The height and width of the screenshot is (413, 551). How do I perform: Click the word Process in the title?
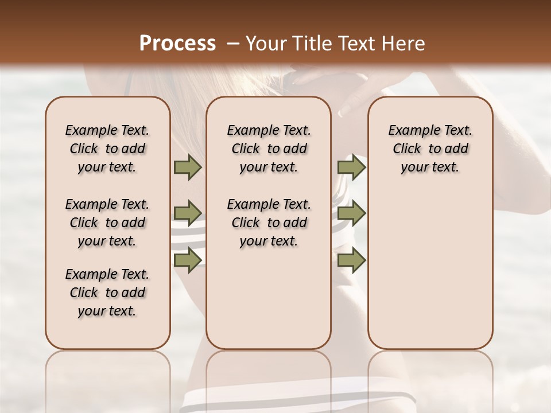click(177, 44)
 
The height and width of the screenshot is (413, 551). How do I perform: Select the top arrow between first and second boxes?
click(188, 167)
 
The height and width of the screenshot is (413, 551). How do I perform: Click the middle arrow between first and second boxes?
click(188, 213)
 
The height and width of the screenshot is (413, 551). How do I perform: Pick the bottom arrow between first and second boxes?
click(188, 260)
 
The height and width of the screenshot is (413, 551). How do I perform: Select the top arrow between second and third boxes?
click(351, 167)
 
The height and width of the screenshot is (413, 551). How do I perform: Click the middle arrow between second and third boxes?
click(351, 213)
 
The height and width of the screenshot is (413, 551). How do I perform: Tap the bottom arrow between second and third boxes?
click(351, 260)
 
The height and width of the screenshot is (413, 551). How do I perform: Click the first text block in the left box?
click(107, 149)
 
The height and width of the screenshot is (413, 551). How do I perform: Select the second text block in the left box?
click(107, 223)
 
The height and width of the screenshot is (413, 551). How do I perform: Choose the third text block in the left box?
click(107, 293)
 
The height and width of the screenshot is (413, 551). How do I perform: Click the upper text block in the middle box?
click(269, 149)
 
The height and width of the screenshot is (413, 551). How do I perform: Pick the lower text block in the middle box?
click(269, 223)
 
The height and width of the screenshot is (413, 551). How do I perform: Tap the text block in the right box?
click(430, 149)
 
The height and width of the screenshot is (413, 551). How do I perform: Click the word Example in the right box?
click(413, 131)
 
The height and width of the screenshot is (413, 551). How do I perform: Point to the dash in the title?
click(233, 44)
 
